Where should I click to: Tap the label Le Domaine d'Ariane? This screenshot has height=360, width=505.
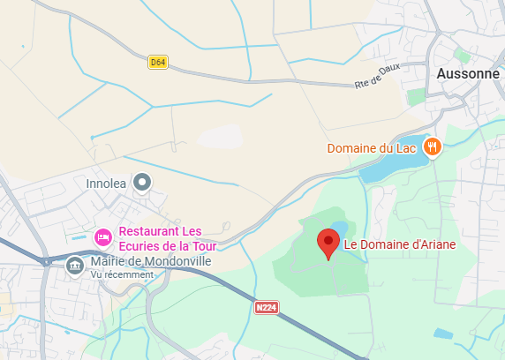pos(393,244)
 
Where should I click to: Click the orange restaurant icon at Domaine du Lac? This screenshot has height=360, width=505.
pos(432,147)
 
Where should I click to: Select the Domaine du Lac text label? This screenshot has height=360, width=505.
pos(371,148)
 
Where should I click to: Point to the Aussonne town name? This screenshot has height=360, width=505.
pos(468,74)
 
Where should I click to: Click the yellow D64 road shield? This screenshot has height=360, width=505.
pos(158,62)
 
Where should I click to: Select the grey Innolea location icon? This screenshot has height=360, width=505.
pos(142,183)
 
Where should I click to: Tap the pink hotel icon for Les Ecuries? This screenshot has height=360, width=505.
pos(102,237)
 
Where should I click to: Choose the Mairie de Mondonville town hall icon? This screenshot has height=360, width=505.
pos(74,263)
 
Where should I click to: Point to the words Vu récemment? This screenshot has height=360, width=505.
pos(121,274)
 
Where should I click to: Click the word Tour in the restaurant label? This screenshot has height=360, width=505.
pos(201,245)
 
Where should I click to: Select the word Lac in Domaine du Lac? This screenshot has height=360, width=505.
pos(406,148)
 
